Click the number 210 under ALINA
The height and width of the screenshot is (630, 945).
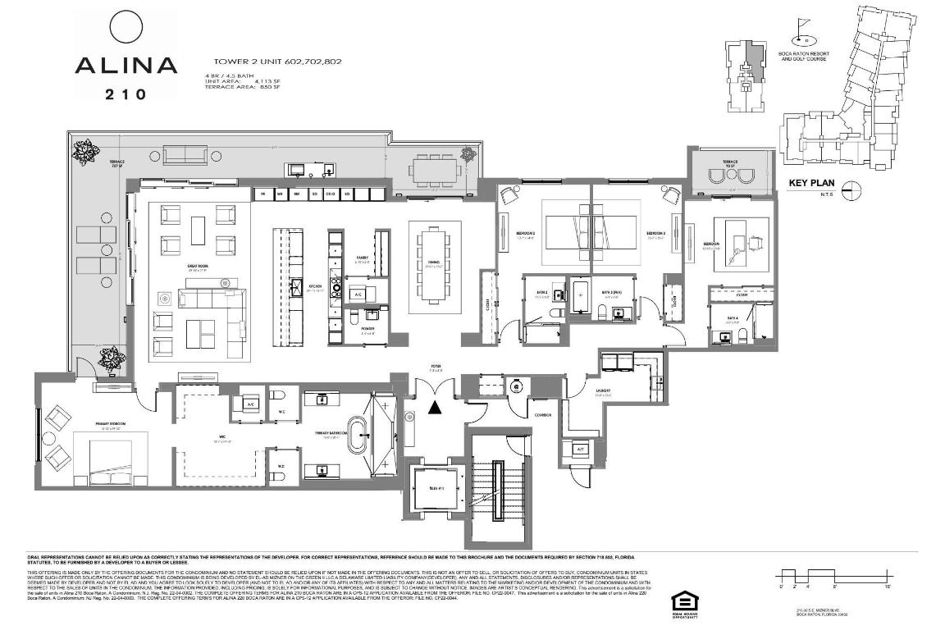click(x=126, y=94)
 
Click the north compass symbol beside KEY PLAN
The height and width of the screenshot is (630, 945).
click(x=852, y=188)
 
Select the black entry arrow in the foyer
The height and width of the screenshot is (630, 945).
click(x=434, y=406)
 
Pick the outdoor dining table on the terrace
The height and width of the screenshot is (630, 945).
click(x=436, y=172)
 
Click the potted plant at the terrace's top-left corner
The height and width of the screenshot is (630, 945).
click(x=84, y=150)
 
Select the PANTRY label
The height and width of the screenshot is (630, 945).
click(x=363, y=257)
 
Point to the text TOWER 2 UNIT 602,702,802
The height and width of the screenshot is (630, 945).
click(x=277, y=62)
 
